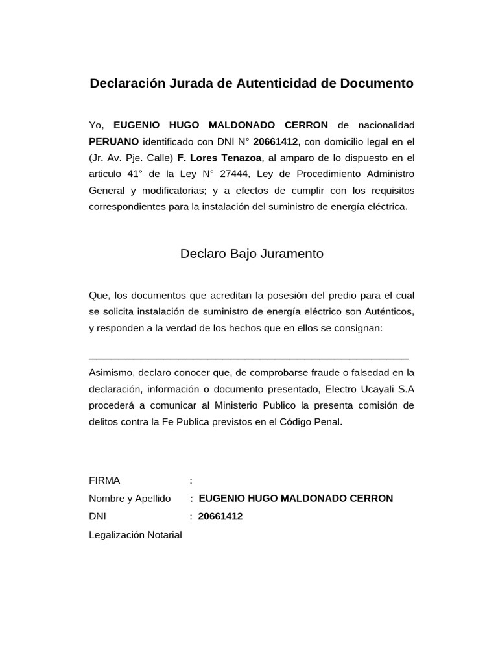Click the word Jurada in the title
click(x=192, y=84)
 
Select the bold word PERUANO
click(x=113, y=141)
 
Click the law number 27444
click(x=236, y=174)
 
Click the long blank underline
click(x=248, y=357)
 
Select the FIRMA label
click(x=104, y=480)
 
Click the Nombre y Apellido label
click(x=130, y=499)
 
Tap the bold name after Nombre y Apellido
click(x=296, y=499)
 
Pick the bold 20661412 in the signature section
click(x=220, y=517)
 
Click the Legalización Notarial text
click(x=136, y=535)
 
